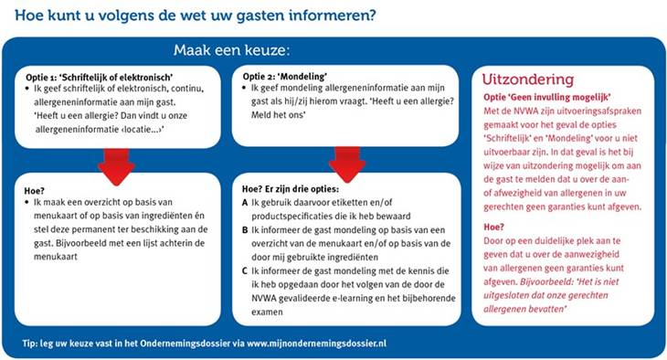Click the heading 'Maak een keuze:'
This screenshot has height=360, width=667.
pyautogui.click(x=230, y=49)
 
